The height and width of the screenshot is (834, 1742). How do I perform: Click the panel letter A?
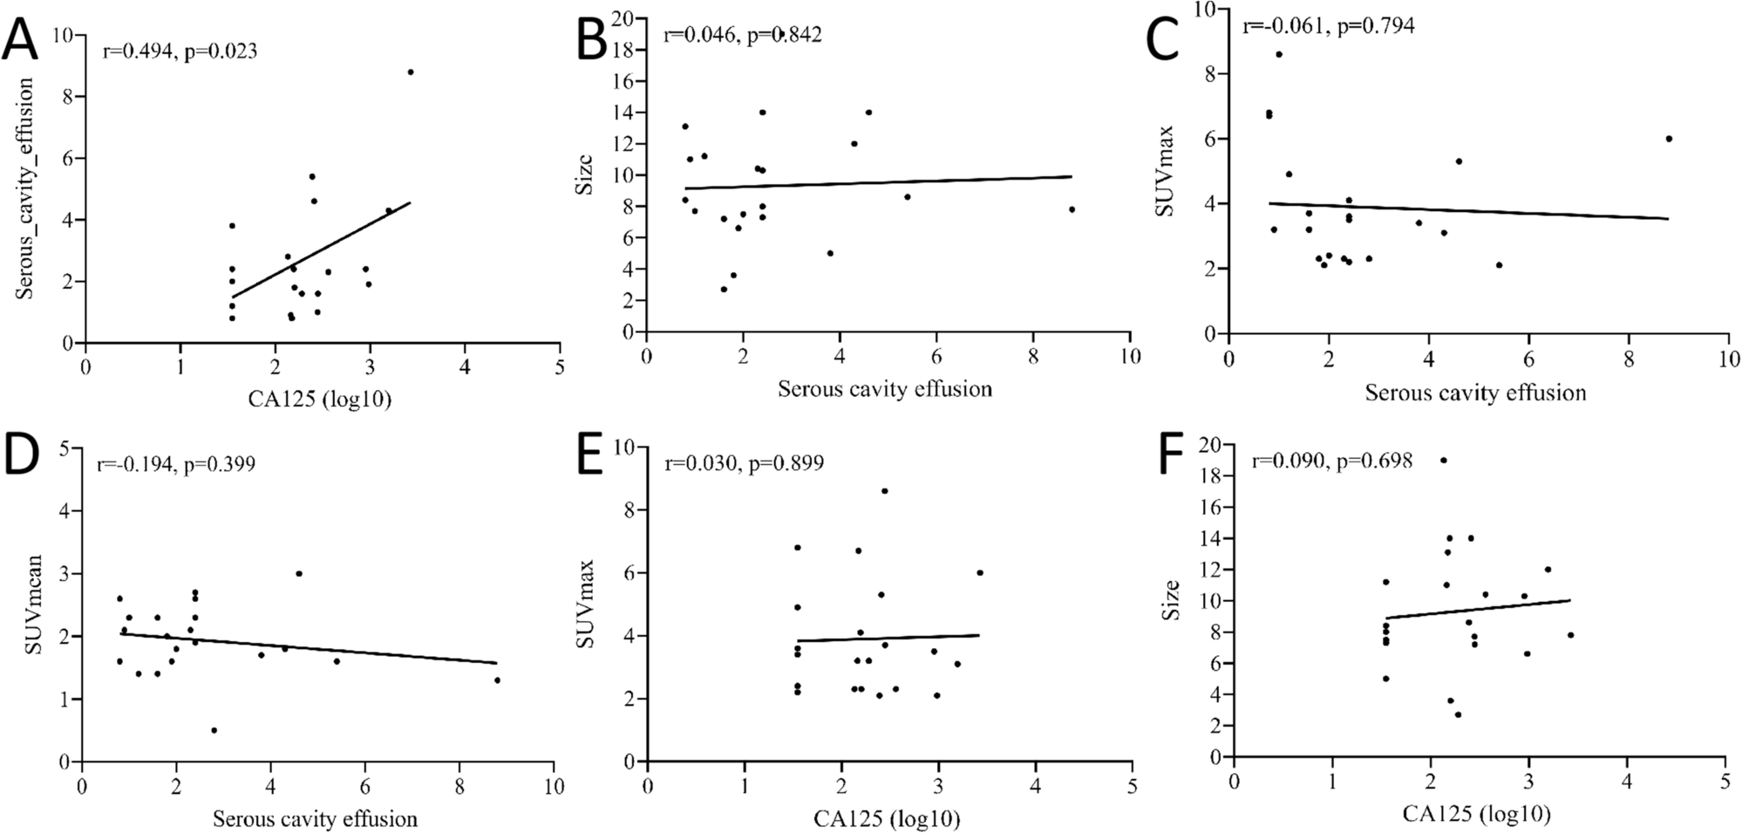point(20,41)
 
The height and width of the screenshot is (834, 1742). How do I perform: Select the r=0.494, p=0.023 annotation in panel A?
point(180,51)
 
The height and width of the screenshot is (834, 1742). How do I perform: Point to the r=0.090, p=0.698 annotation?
point(1331,461)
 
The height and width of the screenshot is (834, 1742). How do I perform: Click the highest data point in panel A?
point(411,72)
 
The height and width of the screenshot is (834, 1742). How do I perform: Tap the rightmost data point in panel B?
point(1072,209)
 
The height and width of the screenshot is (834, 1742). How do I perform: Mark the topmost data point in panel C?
point(1279,54)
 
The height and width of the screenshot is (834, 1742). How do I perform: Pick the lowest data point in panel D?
point(214,730)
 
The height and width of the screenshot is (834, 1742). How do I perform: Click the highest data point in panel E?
point(884,491)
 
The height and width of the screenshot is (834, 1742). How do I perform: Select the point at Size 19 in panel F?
point(1443,460)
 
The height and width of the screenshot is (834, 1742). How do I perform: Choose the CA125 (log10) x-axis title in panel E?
point(887,819)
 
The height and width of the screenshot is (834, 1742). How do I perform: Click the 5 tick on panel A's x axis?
point(559,367)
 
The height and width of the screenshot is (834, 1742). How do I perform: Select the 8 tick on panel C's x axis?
point(1629,359)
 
